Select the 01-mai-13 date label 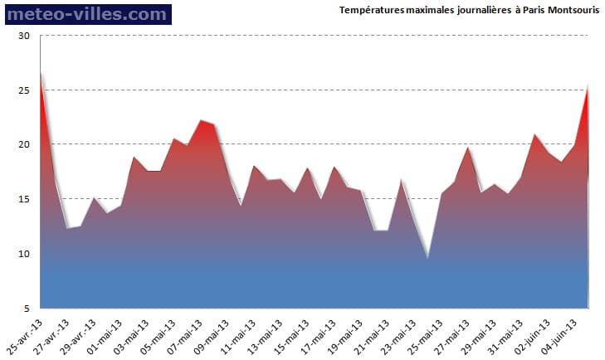tap(106, 332)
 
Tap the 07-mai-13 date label tap(186, 332)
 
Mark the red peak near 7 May tap(201, 121)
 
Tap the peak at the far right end tap(588, 85)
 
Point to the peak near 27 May tap(468, 148)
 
